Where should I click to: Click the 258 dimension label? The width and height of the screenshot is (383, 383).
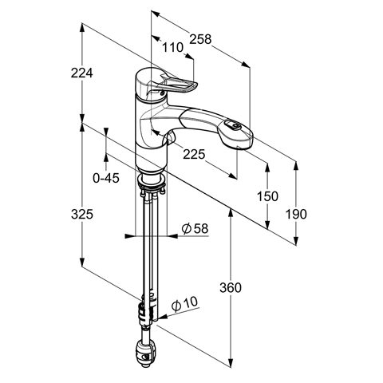click(x=200, y=39)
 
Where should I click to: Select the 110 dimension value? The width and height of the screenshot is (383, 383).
click(x=172, y=48)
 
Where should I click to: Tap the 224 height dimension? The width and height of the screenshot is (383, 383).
click(x=81, y=73)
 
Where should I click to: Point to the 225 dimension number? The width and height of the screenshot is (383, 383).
click(x=194, y=154)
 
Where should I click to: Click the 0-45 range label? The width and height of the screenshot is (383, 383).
click(x=106, y=178)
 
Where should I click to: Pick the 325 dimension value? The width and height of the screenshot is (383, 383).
click(x=82, y=214)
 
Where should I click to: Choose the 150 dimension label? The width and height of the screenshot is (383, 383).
click(x=267, y=196)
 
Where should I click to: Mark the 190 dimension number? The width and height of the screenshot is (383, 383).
click(x=296, y=214)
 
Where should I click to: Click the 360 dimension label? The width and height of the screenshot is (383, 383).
click(x=231, y=287)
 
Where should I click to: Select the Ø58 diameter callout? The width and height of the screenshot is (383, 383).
click(x=195, y=228)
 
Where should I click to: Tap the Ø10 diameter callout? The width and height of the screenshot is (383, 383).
click(x=184, y=304)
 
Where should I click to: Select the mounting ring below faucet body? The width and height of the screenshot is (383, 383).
click(x=151, y=181)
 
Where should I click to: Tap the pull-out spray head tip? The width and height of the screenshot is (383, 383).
click(x=239, y=140)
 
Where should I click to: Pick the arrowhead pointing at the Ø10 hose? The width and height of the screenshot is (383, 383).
click(x=162, y=318)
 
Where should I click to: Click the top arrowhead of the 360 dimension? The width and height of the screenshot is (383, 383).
click(x=231, y=213)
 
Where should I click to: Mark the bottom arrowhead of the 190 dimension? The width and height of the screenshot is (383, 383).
click(x=296, y=239)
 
